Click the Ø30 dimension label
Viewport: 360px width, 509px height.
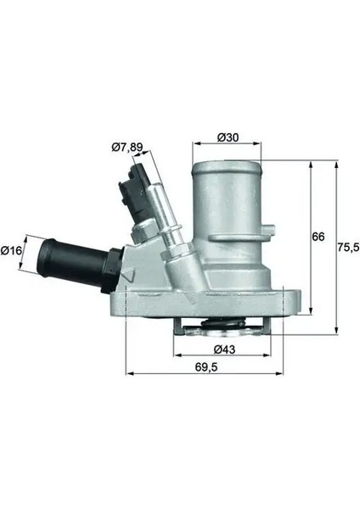tap(228, 137)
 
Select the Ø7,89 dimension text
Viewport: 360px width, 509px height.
tap(127, 148)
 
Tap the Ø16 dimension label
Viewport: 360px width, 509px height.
tap(11, 250)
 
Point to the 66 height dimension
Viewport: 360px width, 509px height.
tap(318, 237)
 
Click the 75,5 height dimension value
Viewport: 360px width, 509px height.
tap(348, 248)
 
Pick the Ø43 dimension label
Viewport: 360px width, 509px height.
tap(224, 350)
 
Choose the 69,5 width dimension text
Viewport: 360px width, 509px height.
tap(206, 366)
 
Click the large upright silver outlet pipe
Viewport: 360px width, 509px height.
tap(227, 208)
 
